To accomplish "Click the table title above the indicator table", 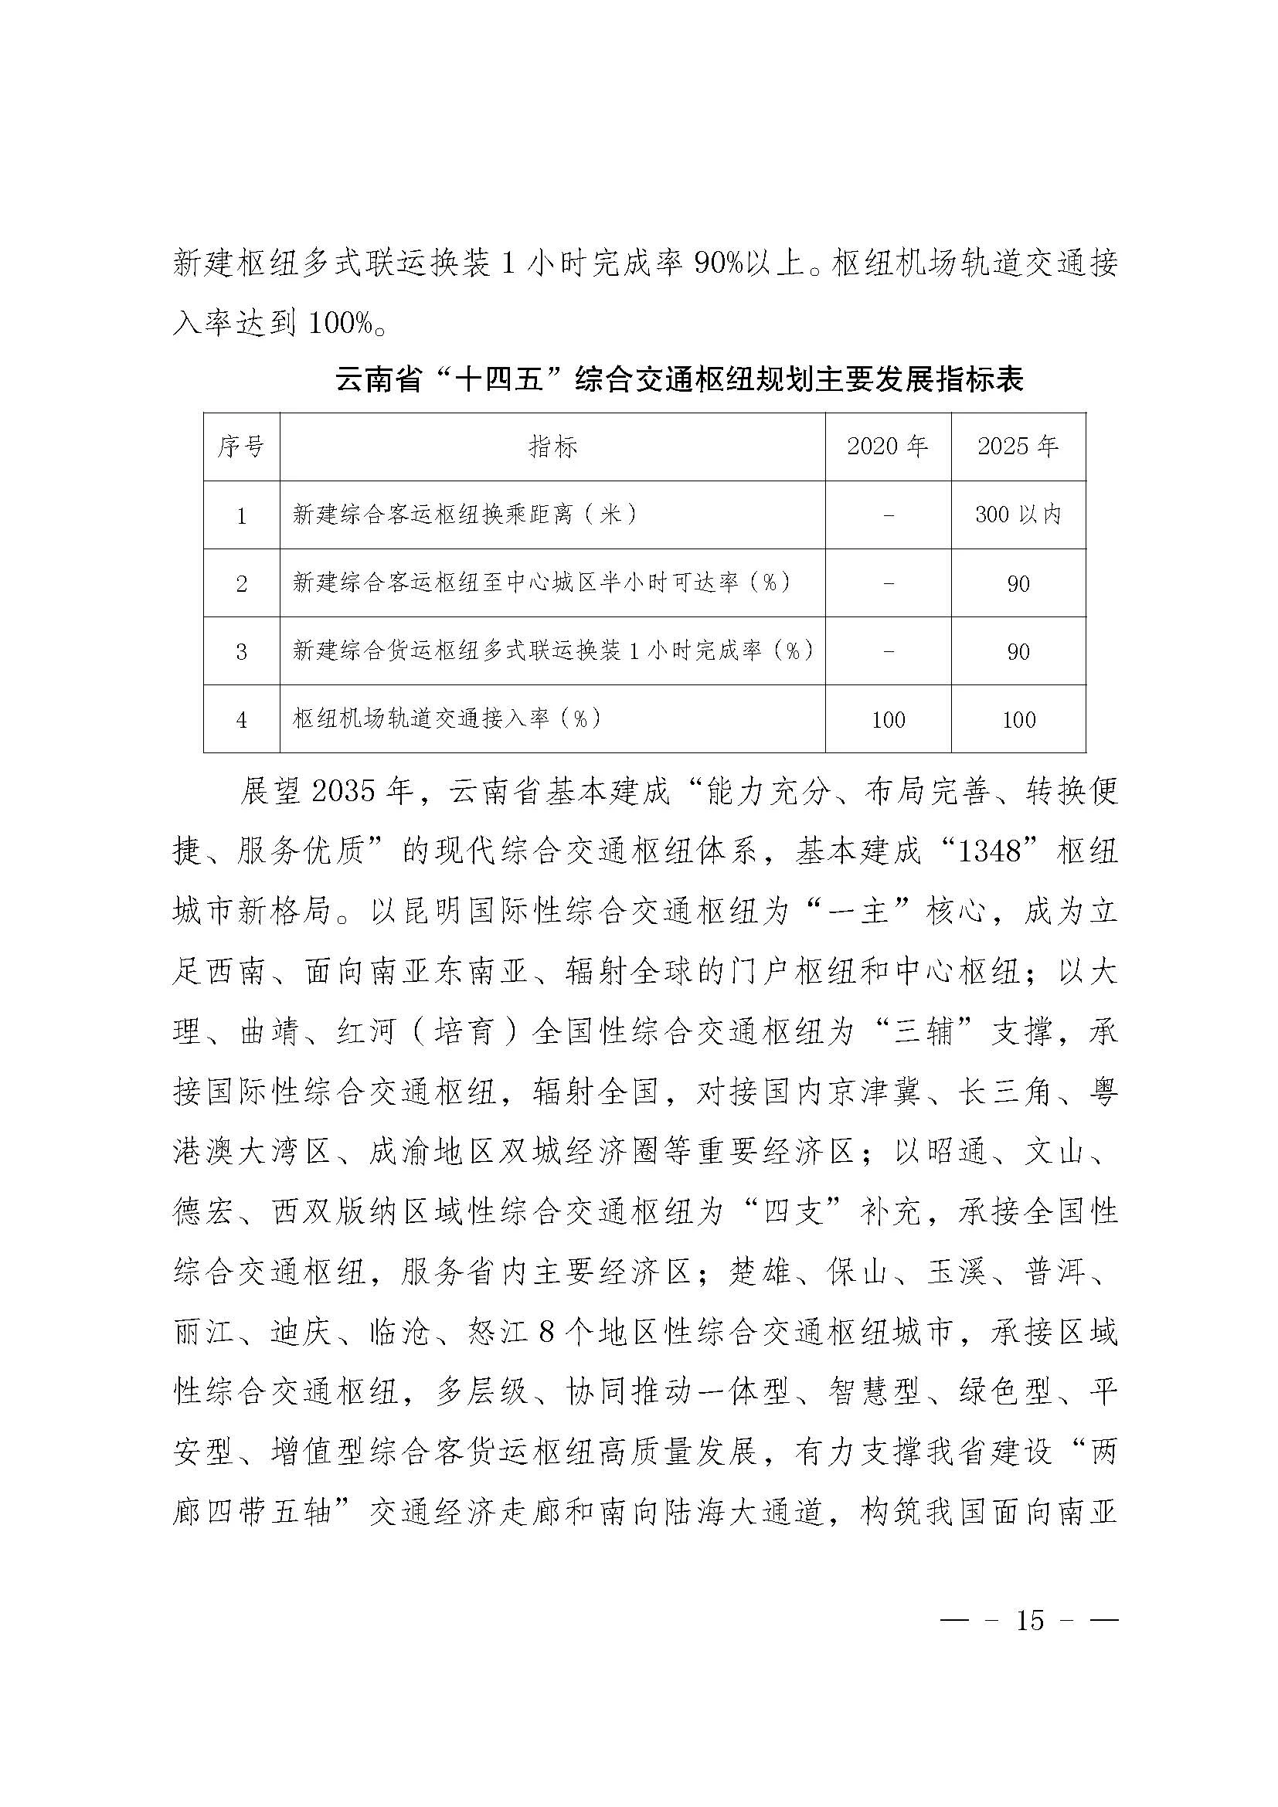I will click(x=679, y=380).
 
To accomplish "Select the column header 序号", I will click(x=241, y=447).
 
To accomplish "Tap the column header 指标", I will click(x=552, y=447).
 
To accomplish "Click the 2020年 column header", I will click(x=888, y=447).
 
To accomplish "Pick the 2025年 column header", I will click(x=1018, y=447).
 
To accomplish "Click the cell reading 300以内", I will click(x=1018, y=515).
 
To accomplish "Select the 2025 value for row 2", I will click(x=1018, y=584).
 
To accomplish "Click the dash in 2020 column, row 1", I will click(x=889, y=515).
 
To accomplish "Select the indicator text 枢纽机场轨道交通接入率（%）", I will click(x=447, y=718).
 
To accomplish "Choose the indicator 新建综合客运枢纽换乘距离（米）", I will click(x=465, y=515).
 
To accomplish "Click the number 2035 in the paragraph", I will click(x=343, y=793).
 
